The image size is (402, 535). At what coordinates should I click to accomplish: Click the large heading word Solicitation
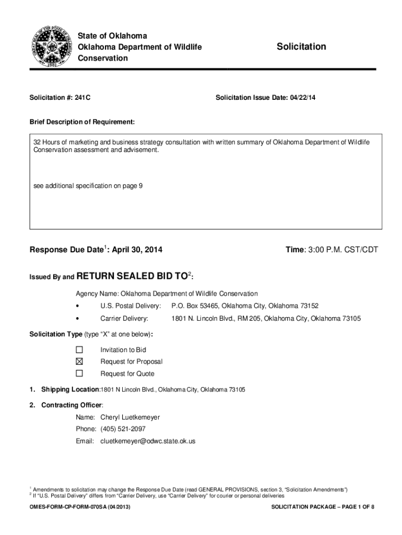tap(301, 47)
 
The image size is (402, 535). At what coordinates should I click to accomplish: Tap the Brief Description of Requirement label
tap(82, 122)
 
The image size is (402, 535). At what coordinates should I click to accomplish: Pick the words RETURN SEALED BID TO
tap(133, 276)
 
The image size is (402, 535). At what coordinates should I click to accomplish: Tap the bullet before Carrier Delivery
tap(77, 318)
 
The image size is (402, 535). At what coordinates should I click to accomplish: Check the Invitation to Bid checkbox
tap(79, 350)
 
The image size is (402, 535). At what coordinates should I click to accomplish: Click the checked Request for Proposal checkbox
tap(79, 362)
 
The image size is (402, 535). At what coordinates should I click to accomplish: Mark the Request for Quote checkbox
tap(79, 374)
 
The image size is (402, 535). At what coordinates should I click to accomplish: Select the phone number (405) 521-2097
tap(123, 429)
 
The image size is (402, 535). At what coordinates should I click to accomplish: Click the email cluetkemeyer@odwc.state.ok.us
tap(148, 441)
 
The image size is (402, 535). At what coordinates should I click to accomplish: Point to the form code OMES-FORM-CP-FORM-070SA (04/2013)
tap(80, 507)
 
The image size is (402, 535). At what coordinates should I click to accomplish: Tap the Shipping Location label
tap(70, 390)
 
